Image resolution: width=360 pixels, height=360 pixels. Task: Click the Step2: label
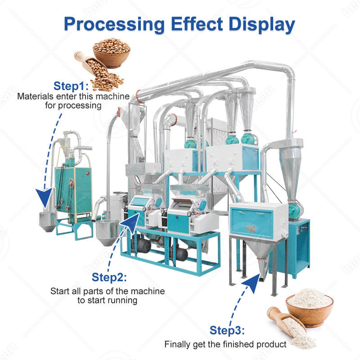tap(109, 277)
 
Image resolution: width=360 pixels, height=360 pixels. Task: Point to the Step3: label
tap(227, 331)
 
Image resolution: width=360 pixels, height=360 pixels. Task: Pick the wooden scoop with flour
tap(288, 326)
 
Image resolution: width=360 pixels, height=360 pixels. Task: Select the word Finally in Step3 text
tap(177, 345)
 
